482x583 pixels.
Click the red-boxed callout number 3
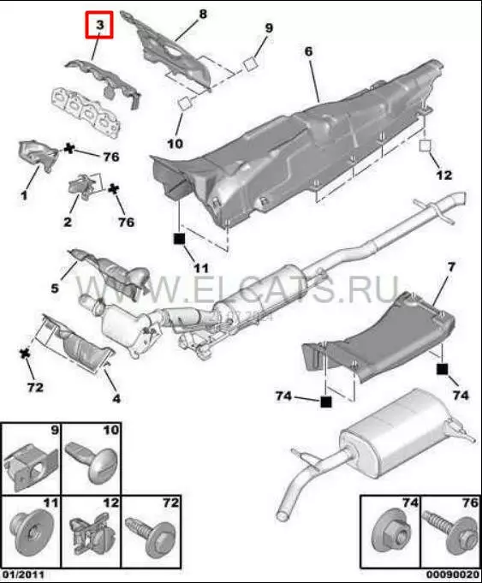pyautogui.click(x=99, y=25)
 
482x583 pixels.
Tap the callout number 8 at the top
pyautogui.click(x=203, y=15)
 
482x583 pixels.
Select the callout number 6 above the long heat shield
pyautogui.click(x=309, y=51)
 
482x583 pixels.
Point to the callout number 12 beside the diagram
pyautogui.click(x=444, y=175)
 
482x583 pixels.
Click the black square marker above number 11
pyautogui.click(x=179, y=239)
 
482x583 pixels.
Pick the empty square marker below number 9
pyautogui.click(x=250, y=64)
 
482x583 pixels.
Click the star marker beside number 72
pyautogui.click(x=25, y=354)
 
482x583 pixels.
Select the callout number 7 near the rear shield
pyautogui.click(x=451, y=267)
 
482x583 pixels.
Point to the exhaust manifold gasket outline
pyautogui.click(x=86, y=111)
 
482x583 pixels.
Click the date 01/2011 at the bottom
pyautogui.click(x=22, y=574)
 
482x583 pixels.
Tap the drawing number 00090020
pyautogui.click(x=452, y=574)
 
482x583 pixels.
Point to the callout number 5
pyautogui.click(x=55, y=288)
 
